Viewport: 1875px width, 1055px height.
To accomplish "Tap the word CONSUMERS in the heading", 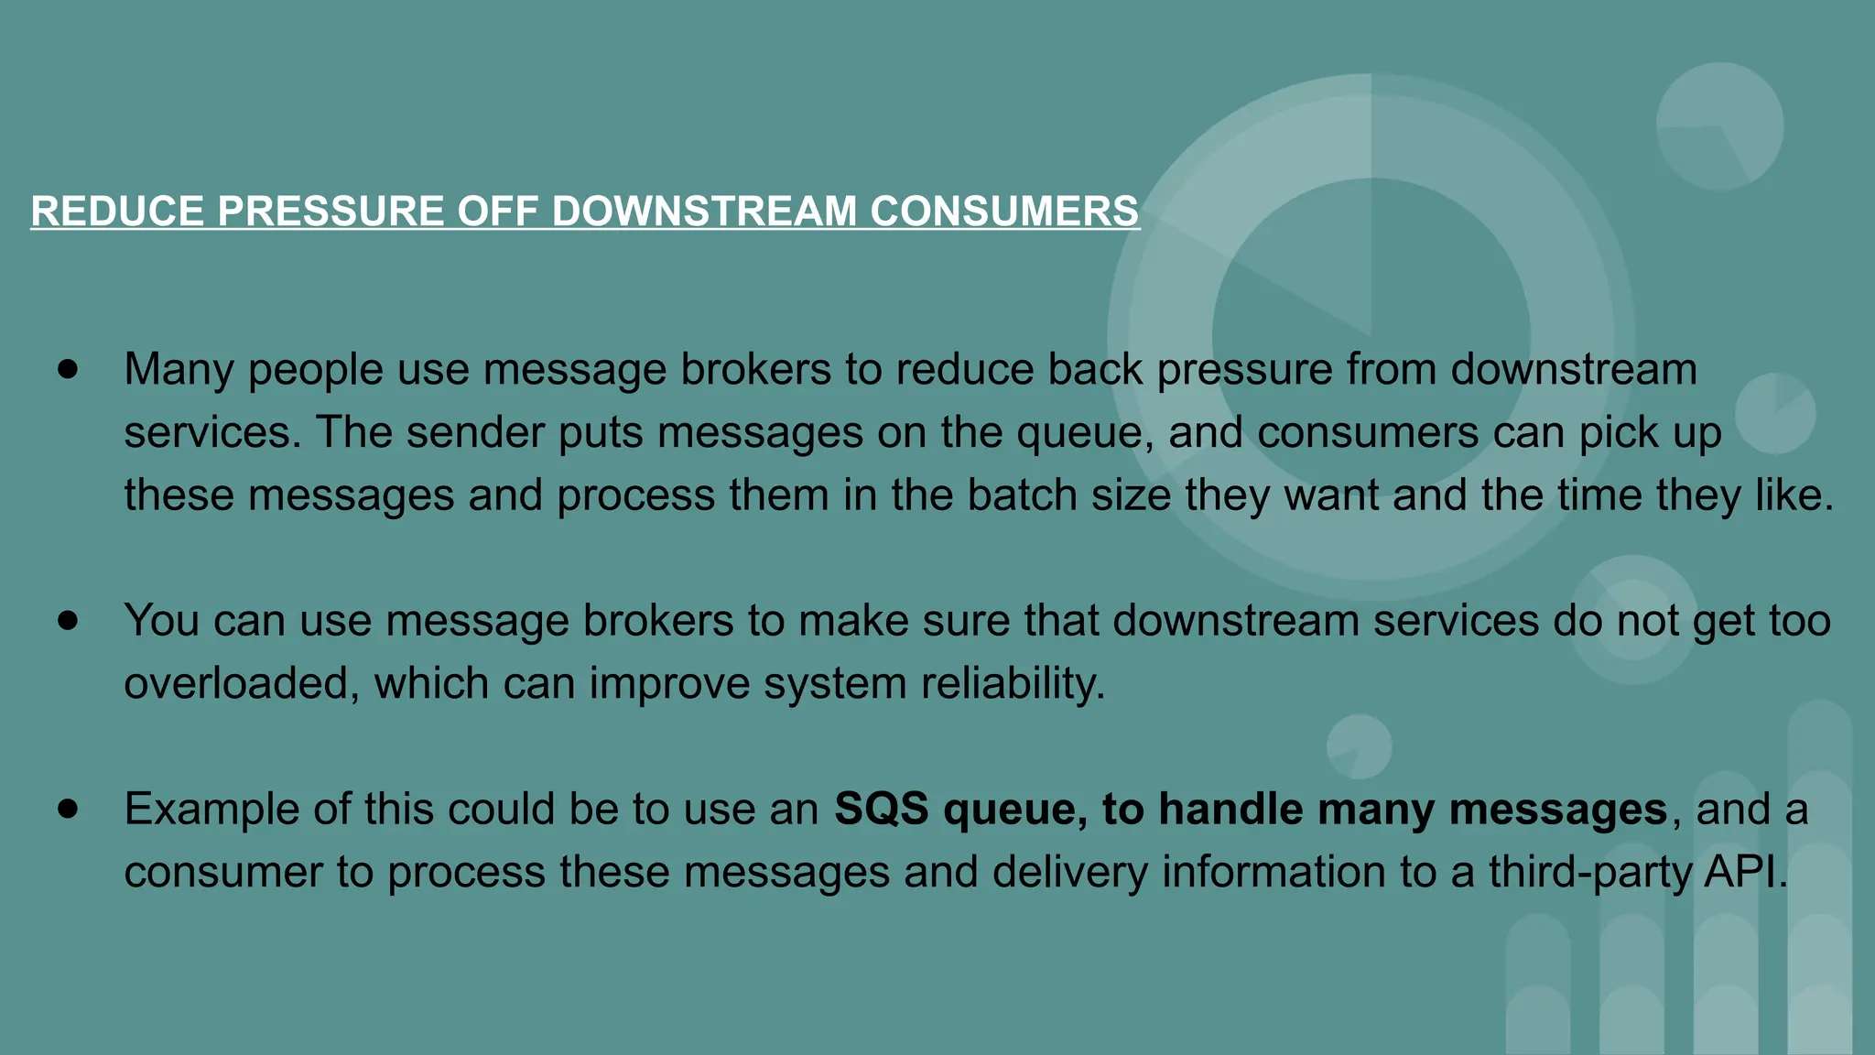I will point(1003,211).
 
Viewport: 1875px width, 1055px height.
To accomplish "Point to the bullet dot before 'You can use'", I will point(68,620).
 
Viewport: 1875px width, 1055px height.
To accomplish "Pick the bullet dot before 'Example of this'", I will point(68,809).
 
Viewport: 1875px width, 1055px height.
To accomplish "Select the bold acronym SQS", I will point(881,810).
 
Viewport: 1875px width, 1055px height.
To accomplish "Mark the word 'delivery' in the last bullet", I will point(1069,872).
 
